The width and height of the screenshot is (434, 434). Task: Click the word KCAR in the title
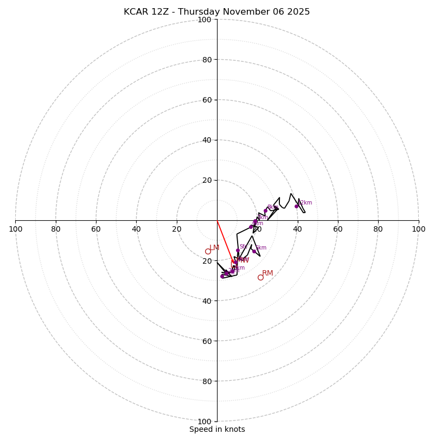[x=136, y=12]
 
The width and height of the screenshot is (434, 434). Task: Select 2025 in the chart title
[x=298, y=12]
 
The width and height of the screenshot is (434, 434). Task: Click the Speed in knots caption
[x=217, y=429]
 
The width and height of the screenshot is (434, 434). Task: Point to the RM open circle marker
[x=260, y=277]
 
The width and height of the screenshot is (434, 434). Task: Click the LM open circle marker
[x=208, y=251]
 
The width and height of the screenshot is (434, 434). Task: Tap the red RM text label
[x=267, y=273]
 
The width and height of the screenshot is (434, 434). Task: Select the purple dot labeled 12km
[x=296, y=206]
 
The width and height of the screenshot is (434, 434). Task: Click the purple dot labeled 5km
[x=254, y=251]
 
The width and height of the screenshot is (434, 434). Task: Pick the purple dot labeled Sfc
[x=238, y=251]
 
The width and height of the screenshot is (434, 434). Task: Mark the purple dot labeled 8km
[x=266, y=210]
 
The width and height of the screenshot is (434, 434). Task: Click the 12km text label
[x=305, y=203]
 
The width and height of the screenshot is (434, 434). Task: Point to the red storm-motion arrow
[x=225, y=241]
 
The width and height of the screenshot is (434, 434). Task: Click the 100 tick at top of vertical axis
[x=205, y=20]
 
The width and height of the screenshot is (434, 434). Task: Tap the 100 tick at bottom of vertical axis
[x=205, y=421]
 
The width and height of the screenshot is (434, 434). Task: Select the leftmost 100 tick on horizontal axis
[x=16, y=229]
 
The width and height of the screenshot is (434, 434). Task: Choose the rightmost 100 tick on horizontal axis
[x=418, y=229]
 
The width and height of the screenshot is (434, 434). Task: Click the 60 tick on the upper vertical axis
[x=207, y=100]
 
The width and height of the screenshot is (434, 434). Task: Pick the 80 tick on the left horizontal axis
[x=56, y=229]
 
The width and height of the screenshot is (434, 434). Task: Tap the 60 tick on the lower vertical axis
[x=207, y=341]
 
